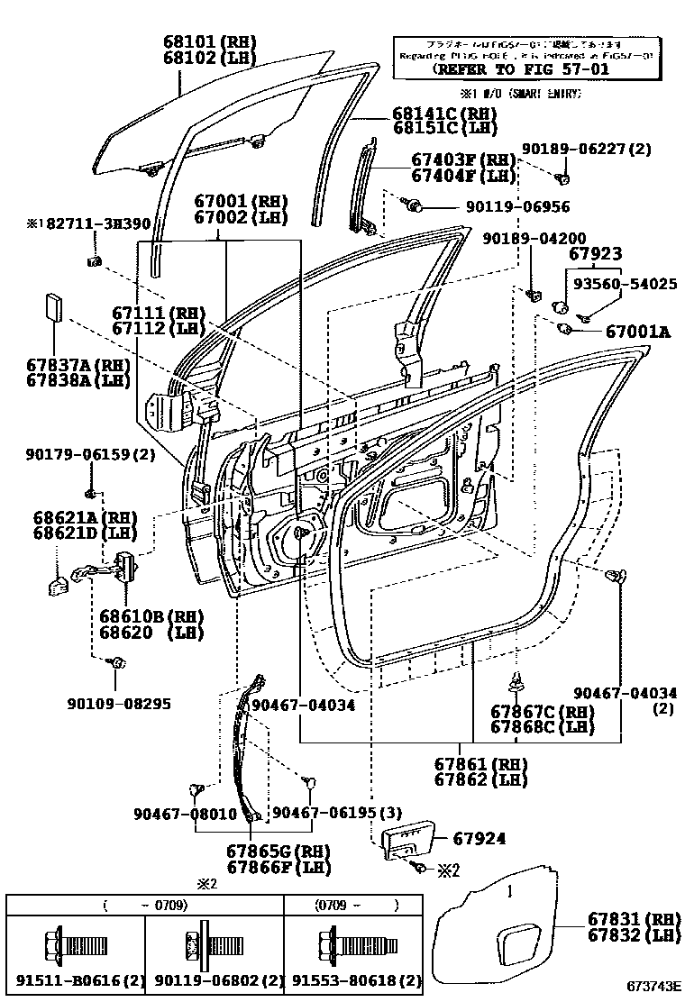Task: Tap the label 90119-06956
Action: point(517,206)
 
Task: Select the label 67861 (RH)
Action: point(480,764)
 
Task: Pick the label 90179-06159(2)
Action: point(90,456)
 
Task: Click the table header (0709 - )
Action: point(355,904)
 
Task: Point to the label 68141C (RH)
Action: point(444,114)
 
